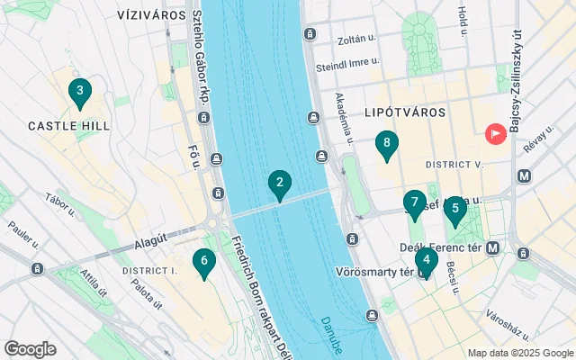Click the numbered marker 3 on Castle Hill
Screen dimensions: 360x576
tap(80, 92)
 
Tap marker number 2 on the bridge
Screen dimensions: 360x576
tap(279, 184)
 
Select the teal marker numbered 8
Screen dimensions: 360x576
tap(386, 144)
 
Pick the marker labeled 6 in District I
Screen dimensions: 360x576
tap(204, 263)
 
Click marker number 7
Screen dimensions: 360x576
tap(415, 203)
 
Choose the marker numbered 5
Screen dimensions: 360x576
tap(455, 210)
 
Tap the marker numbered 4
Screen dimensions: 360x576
tap(426, 261)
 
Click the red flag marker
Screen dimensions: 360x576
tap(495, 134)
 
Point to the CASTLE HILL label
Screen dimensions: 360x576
tap(68, 126)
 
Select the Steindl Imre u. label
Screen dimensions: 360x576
tap(347, 67)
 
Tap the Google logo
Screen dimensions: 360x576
tap(30, 349)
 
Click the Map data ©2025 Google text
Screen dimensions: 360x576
tap(519, 353)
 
